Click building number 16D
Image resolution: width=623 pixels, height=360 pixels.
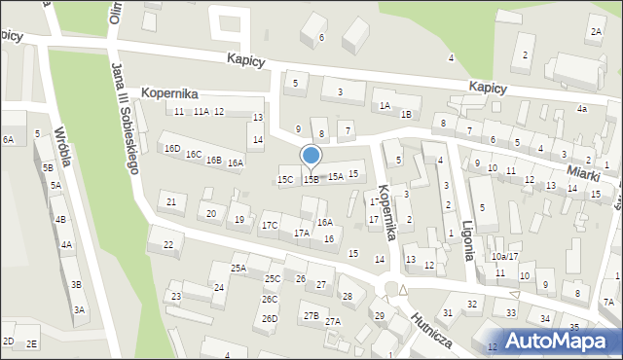pos(172,149)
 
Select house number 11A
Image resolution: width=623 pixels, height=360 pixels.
pos(201,112)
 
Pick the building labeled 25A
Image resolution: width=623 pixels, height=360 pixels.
pos(238,268)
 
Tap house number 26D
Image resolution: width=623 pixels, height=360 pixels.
pos(270,318)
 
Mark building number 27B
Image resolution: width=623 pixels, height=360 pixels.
pos(311,315)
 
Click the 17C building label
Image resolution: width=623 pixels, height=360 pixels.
pos(270,226)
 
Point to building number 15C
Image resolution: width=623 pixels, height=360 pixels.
pos(285,179)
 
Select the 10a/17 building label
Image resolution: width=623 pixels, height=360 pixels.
pos(504,256)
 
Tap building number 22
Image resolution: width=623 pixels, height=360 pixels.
pos(167,244)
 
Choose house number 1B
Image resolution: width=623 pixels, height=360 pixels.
pos(405,114)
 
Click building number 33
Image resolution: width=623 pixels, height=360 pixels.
pos(510,312)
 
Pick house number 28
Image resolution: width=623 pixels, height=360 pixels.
pos(347,295)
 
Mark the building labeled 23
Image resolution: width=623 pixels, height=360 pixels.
pos(176,296)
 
